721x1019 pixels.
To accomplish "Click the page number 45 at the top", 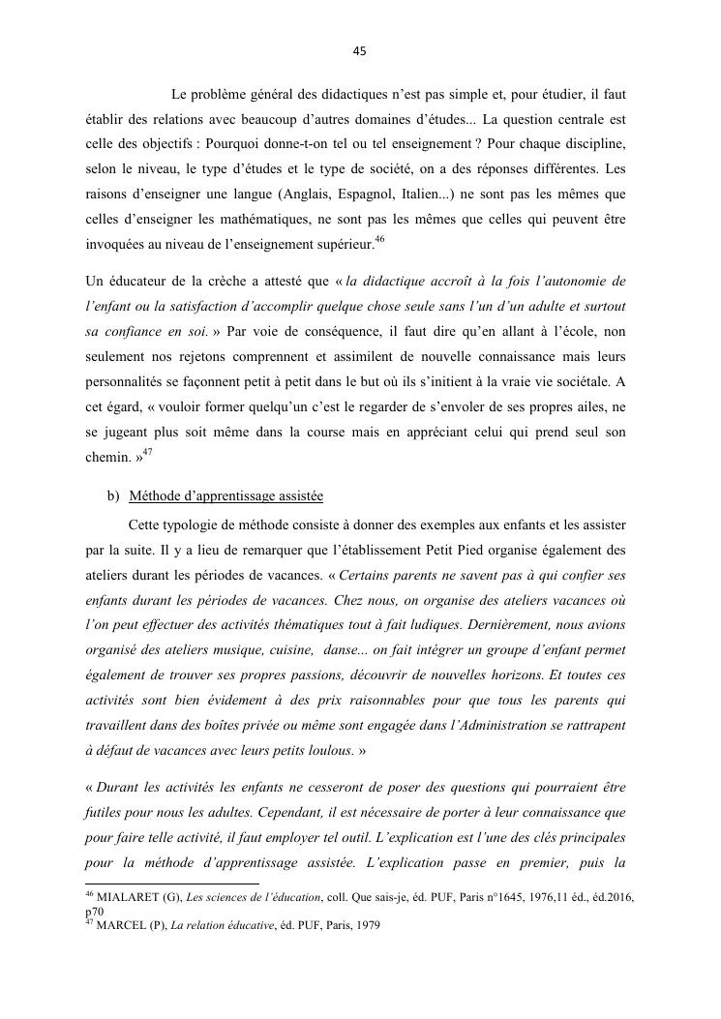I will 360,52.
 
